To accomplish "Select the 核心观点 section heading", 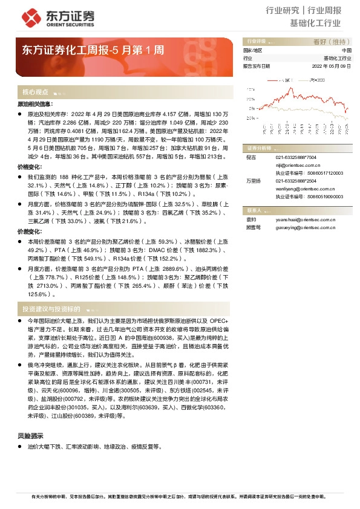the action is click(35, 92).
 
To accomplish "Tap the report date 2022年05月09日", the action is click(332, 65).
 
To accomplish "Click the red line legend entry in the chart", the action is click(284, 79).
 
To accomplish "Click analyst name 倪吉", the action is click(251, 157).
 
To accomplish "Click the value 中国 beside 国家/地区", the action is click(347, 50).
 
